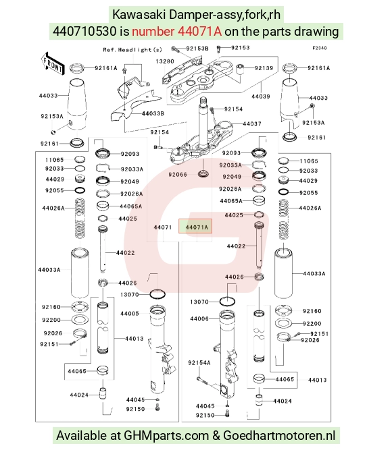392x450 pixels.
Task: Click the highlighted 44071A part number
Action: (197, 227)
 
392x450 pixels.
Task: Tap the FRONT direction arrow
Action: (52, 64)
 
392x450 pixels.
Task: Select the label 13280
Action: (165, 61)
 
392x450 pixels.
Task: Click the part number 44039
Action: (261, 96)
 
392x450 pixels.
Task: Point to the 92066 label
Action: (178, 175)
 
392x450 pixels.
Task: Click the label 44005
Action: (130, 314)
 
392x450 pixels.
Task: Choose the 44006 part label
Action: (199, 318)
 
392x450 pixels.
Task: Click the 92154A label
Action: (199, 363)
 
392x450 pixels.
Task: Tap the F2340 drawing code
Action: (320, 48)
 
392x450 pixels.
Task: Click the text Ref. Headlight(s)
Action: (132, 50)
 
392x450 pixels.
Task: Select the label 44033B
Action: (153, 113)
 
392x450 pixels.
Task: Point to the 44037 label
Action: (252, 123)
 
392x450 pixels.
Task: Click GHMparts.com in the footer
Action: (166, 436)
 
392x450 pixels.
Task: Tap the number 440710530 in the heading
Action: (84, 31)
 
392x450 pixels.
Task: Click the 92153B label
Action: (197, 49)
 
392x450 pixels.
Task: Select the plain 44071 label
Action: (163, 227)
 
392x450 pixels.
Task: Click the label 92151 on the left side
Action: (49, 344)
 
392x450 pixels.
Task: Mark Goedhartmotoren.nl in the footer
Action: (279, 436)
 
